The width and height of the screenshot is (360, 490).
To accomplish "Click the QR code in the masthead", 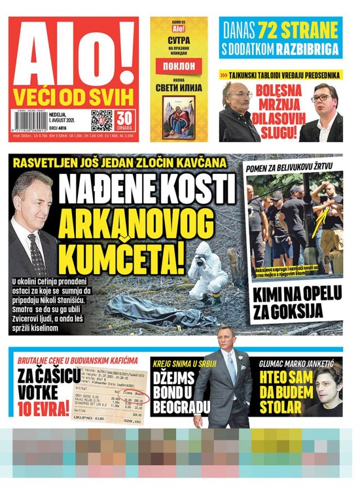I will (102, 120).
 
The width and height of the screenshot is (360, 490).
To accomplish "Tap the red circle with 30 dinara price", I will (125, 120).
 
